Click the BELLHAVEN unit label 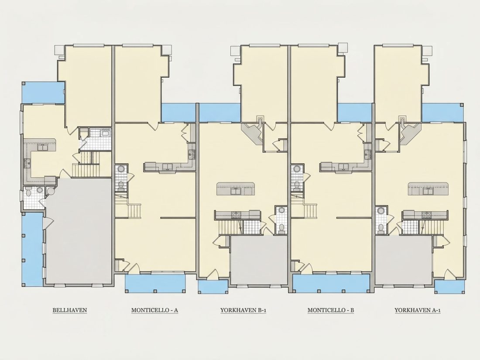[x=70, y=310]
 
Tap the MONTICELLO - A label [x=154, y=310]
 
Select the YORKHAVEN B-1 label [x=243, y=310]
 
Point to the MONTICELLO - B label [x=331, y=310]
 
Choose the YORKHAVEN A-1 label [x=418, y=310]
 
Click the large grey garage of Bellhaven [x=78, y=231]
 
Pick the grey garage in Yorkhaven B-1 [x=259, y=260]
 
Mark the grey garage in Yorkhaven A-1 [x=404, y=260]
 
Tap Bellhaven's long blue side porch [x=32, y=249]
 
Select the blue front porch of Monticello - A [x=155, y=283]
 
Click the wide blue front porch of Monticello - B [x=332, y=283]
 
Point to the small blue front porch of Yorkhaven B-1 [x=213, y=287]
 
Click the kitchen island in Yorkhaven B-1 [x=236, y=189]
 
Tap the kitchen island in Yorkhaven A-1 [x=428, y=189]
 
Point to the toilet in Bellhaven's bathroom [x=28, y=193]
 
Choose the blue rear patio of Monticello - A [x=178, y=112]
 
